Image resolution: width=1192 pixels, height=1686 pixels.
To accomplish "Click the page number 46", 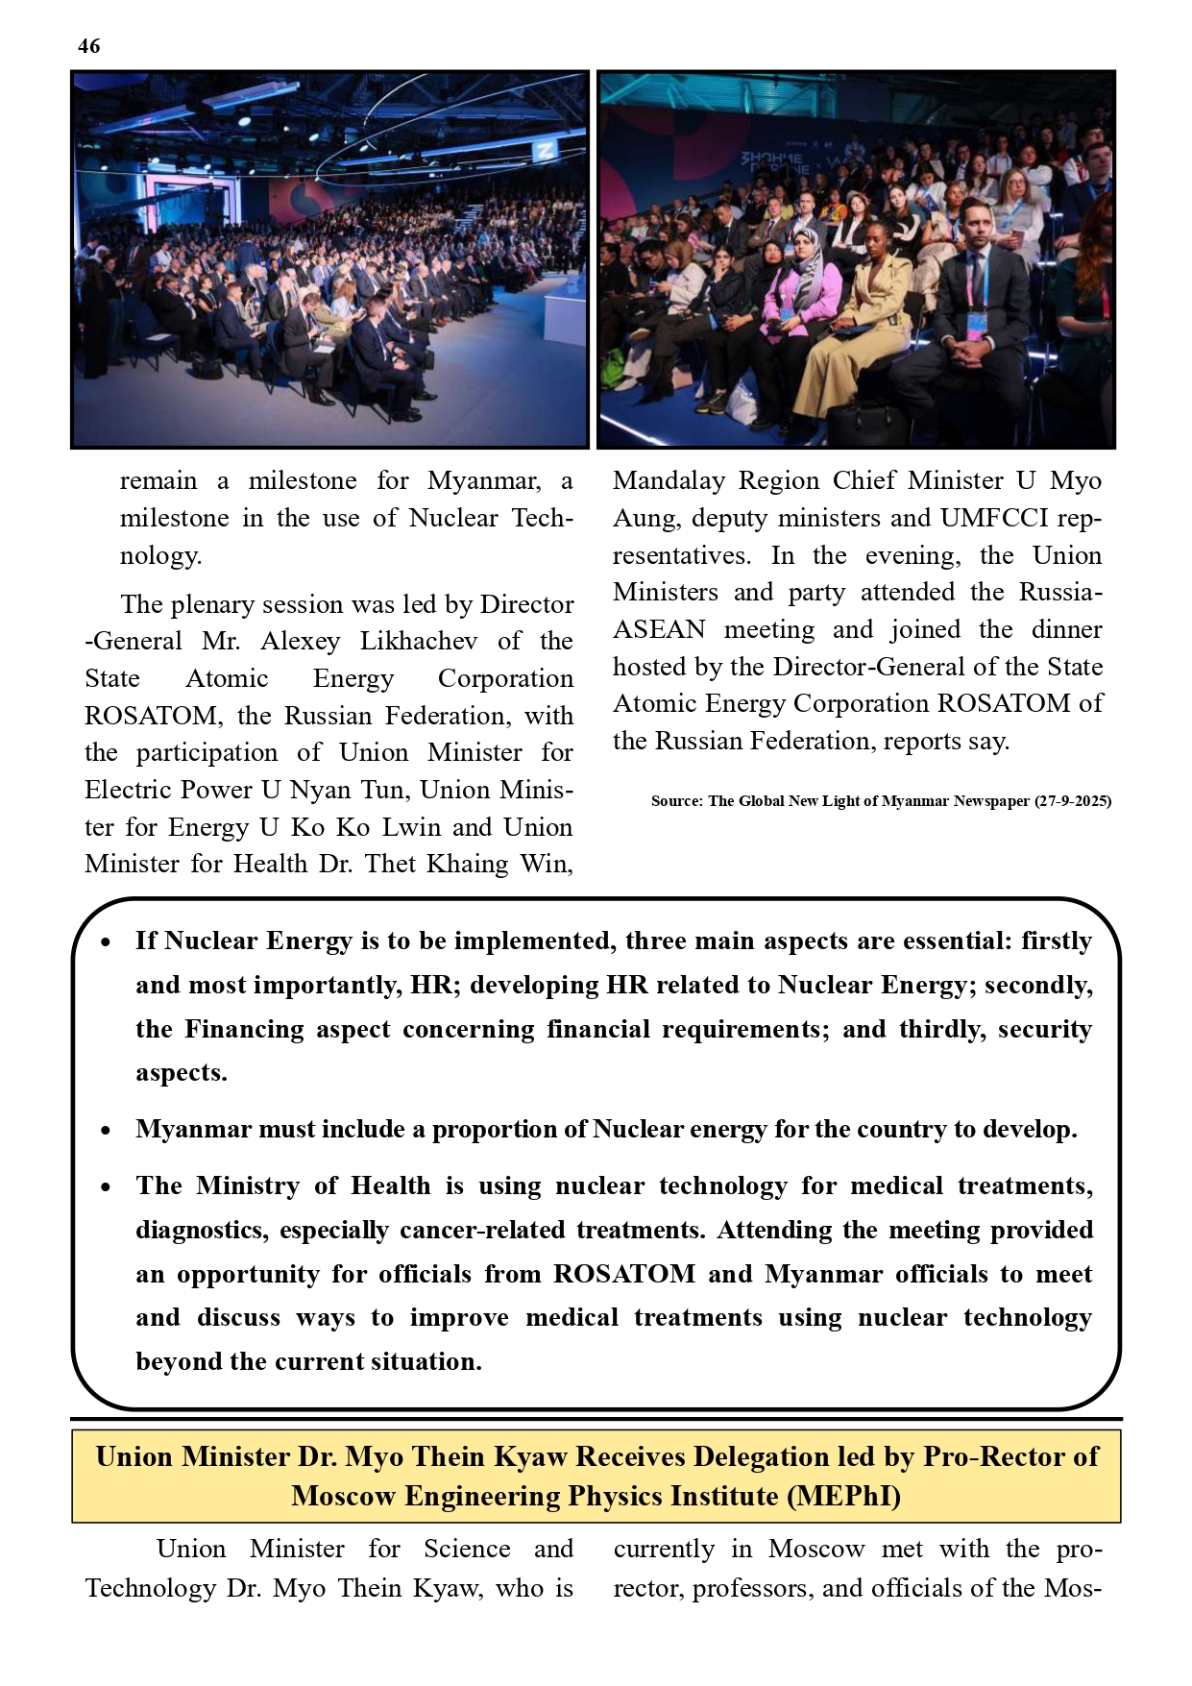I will [88, 46].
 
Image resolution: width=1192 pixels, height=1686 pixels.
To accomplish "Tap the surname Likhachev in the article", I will [418, 641].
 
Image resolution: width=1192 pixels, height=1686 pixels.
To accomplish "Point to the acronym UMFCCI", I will [991, 518].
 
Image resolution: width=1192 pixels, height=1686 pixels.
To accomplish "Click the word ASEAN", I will [659, 629].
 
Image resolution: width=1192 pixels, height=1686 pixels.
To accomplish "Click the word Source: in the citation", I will [677, 801].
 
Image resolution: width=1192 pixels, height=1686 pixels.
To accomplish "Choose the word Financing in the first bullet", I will [244, 1029].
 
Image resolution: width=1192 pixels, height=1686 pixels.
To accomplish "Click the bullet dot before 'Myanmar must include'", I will [106, 1131].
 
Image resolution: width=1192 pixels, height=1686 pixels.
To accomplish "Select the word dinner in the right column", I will [1066, 629].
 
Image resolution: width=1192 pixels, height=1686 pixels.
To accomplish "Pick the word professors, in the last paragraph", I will [753, 1588].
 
